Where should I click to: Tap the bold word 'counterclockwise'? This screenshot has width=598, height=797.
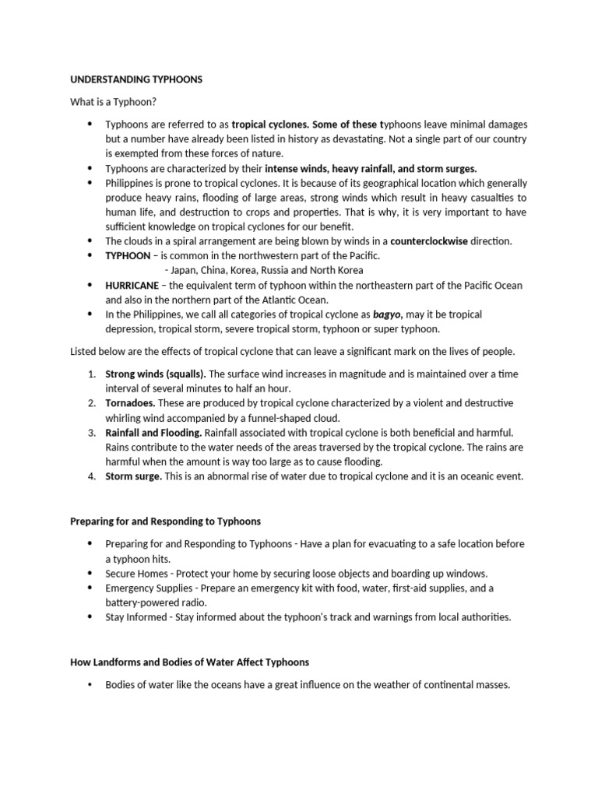(x=429, y=241)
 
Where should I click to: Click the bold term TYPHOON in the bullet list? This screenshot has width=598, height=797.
(x=128, y=256)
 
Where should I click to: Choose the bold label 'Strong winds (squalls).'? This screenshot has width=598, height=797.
(x=155, y=374)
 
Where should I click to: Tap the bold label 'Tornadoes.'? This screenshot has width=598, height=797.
(x=130, y=403)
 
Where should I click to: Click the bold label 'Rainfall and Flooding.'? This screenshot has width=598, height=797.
(x=153, y=432)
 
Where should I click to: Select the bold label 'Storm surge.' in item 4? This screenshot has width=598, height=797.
(x=134, y=476)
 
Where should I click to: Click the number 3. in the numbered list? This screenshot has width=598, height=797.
(x=91, y=432)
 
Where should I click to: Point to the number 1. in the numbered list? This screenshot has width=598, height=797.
(x=91, y=374)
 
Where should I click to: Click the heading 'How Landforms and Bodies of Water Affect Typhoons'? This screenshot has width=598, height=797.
(x=189, y=662)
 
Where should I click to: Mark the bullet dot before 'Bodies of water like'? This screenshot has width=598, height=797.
(x=90, y=685)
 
